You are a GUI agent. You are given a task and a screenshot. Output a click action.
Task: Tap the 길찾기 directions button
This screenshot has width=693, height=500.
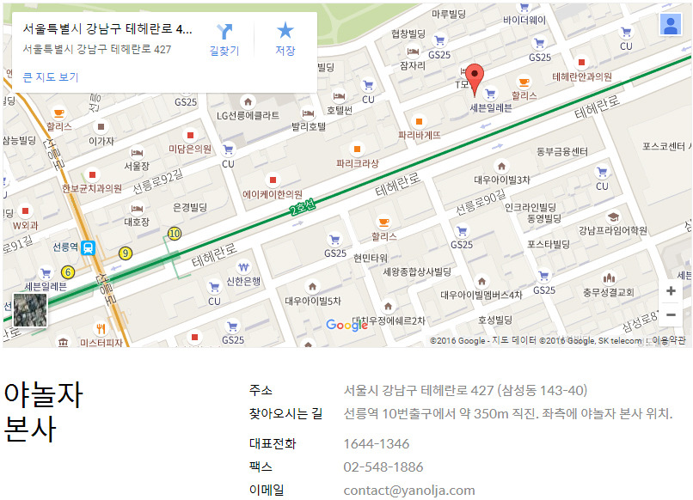pyautogui.click(x=224, y=40)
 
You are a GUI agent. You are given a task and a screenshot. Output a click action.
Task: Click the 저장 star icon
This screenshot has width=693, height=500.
pyautogui.click(x=285, y=40)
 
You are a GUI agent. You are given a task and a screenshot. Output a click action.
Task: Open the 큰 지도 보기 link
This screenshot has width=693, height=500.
pyautogui.click(x=51, y=77)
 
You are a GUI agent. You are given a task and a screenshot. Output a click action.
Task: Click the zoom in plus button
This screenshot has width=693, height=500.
pyautogui.click(x=671, y=291)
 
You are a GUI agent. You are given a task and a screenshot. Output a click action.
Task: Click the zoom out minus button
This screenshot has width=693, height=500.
pyautogui.click(x=671, y=315)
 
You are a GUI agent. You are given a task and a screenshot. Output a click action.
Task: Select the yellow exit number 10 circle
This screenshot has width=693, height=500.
pyautogui.click(x=175, y=233)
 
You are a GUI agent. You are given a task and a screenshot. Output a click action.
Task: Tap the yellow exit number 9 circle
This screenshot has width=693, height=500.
pyautogui.click(x=126, y=253)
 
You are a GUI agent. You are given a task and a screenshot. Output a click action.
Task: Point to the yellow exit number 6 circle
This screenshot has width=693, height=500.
pyautogui.click(x=69, y=272)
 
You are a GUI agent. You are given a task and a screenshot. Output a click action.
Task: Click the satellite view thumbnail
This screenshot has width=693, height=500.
pyautogui.click(x=30, y=310)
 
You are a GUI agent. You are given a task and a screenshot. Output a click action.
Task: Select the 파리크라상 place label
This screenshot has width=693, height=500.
pyautogui.click(x=357, y=162)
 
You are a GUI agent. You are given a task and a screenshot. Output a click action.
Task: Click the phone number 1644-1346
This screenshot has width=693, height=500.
pyautogui.click(x=377, y=444)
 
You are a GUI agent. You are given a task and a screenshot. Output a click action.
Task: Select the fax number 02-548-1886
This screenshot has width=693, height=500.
pyautogui.click(x=383, y=467)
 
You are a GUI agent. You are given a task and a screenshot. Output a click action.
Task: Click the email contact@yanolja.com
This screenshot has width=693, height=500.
pyautogui.click(x=409, y=491)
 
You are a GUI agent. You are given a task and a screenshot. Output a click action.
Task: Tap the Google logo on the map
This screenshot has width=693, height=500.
pyautogui.click(x=347, y=325)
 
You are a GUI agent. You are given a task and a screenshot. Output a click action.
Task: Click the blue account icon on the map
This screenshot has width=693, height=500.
pyautogui.click(x=671, y=25)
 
